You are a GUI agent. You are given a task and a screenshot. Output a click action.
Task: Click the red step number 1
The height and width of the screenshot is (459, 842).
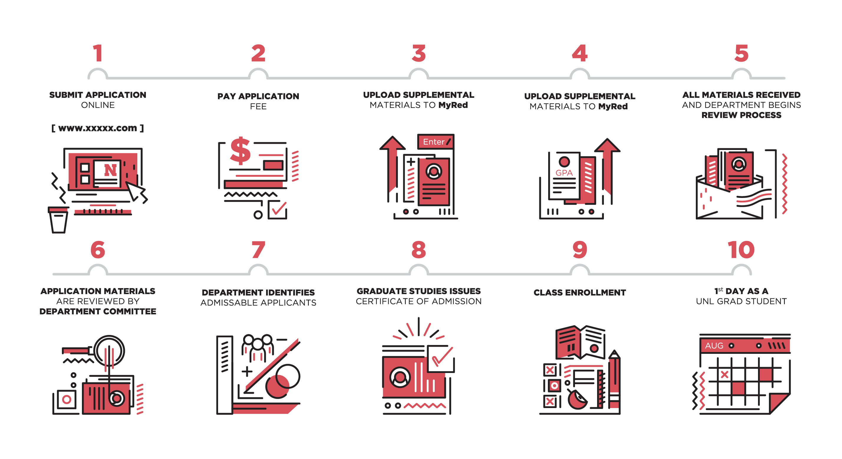(x=98, y=53)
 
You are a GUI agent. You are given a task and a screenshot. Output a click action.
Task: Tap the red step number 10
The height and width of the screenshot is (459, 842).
(x=741, y=250)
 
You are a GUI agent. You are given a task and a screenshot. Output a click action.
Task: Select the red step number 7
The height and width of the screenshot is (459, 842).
(x=258, y=250)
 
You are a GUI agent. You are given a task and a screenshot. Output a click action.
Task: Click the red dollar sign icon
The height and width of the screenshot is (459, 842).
(x=240, y=150)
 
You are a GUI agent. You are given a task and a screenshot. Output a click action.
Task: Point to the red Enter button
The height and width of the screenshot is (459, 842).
(x=436, y=141)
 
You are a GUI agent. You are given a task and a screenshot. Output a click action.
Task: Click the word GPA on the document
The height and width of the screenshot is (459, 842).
(x=564, y=173)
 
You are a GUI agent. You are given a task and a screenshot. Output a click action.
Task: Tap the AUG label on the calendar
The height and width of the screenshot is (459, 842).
(x=714, y=346)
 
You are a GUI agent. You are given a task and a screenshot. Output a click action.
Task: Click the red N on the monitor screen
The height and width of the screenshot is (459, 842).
(x=110, y=170)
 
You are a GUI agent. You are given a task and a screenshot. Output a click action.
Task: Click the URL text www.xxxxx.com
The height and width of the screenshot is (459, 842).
(x=98, y=128)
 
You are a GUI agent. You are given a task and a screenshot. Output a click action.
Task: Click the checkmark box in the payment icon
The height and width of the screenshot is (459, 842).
(x=278, y=209)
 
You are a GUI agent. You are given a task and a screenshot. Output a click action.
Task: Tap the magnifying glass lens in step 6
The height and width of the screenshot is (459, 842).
(x=109, y=351)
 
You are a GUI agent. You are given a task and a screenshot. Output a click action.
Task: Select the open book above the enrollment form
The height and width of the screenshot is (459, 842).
(x=580, y=342)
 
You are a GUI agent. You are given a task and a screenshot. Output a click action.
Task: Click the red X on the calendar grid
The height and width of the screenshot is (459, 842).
(x=724, y=375)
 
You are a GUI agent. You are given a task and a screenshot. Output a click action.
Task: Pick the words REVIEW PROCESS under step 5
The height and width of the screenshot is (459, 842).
(x=741, y=115)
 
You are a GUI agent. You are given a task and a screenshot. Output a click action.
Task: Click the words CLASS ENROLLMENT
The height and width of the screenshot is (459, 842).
(x=579, y=292)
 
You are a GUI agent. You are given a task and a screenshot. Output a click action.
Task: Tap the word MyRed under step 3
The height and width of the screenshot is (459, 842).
(x=453, y=105)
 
